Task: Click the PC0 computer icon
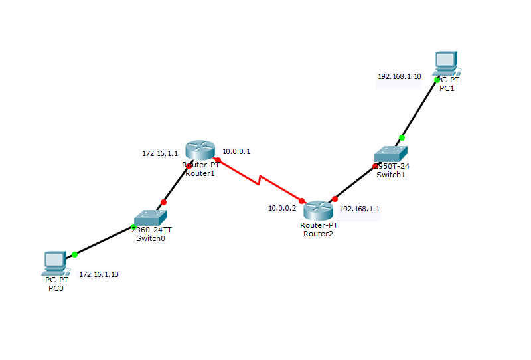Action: [54, 263]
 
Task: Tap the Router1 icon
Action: [197, 151]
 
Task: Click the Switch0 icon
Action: [150, 218]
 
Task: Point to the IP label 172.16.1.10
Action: [99, 274]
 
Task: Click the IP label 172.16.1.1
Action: [160, 153]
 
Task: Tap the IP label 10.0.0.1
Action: [236, 151]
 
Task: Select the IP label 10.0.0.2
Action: [282, 208]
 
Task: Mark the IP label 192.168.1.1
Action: [360, 208]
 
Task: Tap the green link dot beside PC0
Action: [74, 254]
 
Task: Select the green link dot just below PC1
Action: [437, 80]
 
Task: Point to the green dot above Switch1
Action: [402, 138]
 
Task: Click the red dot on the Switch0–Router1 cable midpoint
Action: [164, 202]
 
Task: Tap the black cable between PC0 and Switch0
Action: [103, 242]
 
